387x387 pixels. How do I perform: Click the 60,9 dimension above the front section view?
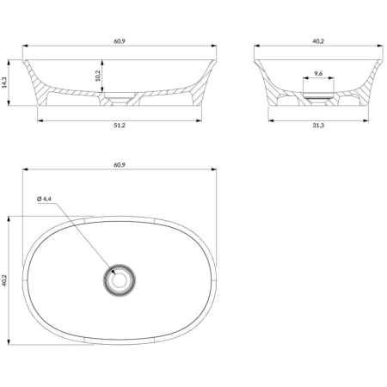tap(120, 41)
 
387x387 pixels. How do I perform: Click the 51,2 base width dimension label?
tap(120, 126)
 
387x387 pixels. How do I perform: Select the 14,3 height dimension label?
tap(4, 83)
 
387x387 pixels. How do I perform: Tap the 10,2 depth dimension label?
tap(97, 76)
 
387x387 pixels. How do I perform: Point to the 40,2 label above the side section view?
tap(318, 41)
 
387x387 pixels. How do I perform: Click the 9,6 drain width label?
tap(318, 73)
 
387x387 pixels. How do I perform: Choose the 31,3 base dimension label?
tap(318, 126)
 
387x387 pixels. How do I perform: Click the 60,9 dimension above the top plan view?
tap(120, 165)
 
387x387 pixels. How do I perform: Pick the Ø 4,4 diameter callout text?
tap(45, 199)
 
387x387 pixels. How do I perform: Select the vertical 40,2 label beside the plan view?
tap(4, 280)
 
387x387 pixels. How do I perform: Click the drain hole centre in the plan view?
tap(120, 280)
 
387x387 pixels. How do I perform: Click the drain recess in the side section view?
tap(318, 97)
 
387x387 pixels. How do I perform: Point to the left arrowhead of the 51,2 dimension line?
tap(40, 120)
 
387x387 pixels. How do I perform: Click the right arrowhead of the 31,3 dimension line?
tap(366, 120)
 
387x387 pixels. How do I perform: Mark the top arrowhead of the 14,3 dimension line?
tap(9, 63)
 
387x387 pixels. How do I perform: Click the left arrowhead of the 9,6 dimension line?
tap(306, 77)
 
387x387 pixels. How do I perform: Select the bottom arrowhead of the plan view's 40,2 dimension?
tap(9, 342)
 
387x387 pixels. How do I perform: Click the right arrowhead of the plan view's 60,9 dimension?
tap(214, 169)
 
